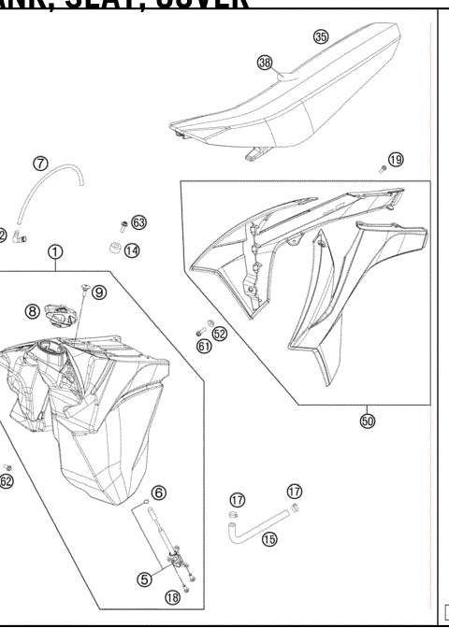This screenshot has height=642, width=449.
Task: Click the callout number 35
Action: [321, 37]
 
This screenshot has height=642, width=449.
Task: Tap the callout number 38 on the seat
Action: [265, 62]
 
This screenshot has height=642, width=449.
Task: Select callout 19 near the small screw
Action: [396, 160]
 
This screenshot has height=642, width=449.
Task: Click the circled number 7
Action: [40, 164]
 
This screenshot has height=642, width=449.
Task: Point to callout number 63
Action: [138, 222]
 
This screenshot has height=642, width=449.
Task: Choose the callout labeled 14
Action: [132, 250]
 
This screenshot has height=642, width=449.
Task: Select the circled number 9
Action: [99, 292]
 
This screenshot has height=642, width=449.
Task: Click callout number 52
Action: [220, 332]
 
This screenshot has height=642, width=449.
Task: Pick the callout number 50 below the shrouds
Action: [367, 421]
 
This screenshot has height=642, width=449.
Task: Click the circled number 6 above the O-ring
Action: [159, 492]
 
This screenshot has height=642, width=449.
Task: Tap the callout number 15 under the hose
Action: [269, 539]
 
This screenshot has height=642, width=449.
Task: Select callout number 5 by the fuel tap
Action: [145, 578]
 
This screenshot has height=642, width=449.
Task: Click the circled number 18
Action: [172, 597]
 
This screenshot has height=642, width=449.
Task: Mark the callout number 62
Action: [7, 482]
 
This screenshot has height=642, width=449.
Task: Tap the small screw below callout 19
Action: [384, 169]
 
